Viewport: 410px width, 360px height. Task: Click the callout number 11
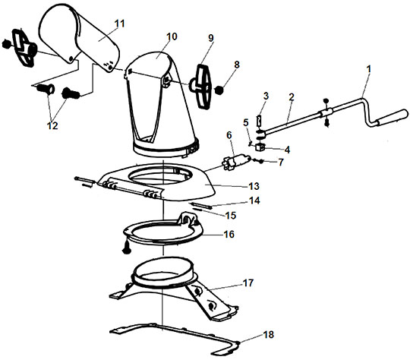pyautogui.click(x=120, y=24)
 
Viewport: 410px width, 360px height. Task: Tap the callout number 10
pyautogui.click(x=172, y=36)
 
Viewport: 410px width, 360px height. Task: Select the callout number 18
pyautogui.click(x=268, y=334)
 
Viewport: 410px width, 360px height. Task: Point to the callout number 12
pyautogui.click(x=52, y=125)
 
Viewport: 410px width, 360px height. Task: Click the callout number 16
pyautogui.click(x=229, y=234)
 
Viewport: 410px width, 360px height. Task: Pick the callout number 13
pyautogui.click(x=254, y=186)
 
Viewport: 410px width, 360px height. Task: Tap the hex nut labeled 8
pyautogui.click(x=219, y=90)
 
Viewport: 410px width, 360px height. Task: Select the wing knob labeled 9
pyautogui.click(x=203, y=86)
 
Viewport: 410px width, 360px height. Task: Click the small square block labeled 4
pyautogui.click(x=260, y=147)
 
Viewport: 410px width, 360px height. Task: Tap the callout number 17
pyautogui.click(x=248, y=283)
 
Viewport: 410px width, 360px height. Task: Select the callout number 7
pyautogui.click(x=281, y=163)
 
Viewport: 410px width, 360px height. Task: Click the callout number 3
pyautogui.click(x=266, y=96)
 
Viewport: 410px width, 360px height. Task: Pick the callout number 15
pyautogui.click(x=230, y=216)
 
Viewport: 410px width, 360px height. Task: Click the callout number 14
pyautogui.click(x=254, y=201)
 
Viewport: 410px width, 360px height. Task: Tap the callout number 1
pyautogui.click(x=369, y=69)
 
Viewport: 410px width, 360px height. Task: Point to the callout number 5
pyautogui.click(x=246, y=122)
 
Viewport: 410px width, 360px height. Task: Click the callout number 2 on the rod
pyautogui.click(x=292, y=97)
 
